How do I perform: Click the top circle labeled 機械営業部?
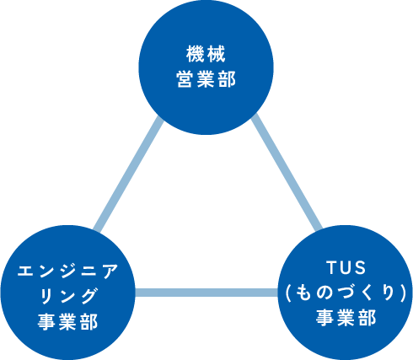[206, 67]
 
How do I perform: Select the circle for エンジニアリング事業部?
[67, 293]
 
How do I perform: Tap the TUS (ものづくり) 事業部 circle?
[346, 293]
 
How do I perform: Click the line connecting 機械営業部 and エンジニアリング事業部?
[128, 175]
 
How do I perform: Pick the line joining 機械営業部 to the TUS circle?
[287, 171]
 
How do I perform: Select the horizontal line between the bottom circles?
[206, 293]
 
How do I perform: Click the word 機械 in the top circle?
[206, 54]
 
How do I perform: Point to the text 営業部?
[206, 79]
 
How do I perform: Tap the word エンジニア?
[67, 271]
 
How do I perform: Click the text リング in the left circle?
[67, 296]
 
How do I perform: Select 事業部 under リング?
[67, 321]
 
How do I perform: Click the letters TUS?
[346, 267]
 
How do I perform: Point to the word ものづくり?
[346, 293]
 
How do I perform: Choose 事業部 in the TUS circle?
[346, 317]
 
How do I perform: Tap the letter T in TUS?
[331, 267]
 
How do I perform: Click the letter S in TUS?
[361, 267]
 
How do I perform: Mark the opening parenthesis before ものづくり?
[287, 293]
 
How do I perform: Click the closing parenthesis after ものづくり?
[404, 293]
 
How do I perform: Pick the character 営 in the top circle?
[185, 79]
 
